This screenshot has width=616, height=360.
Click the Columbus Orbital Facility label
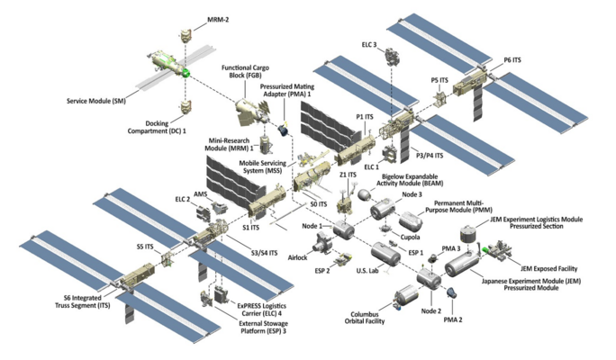(371, 319)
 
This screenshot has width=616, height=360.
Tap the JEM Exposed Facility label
(548, 268)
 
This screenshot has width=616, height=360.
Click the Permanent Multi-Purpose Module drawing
(411, 220)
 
